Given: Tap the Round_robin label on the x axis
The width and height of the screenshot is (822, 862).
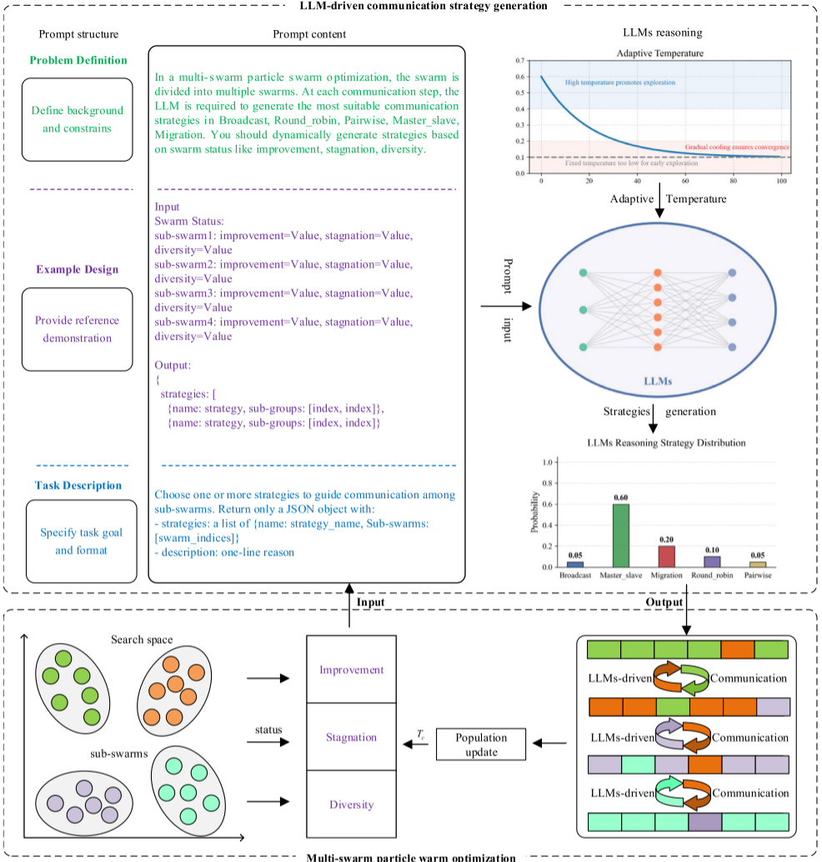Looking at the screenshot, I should click(x=711, y=575).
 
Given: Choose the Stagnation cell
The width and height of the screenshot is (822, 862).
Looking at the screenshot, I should click(x=351, y=737).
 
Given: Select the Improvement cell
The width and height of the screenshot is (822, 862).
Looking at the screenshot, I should click(x=351, y=670).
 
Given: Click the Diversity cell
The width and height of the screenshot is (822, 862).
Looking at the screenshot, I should click(x=351, y=805).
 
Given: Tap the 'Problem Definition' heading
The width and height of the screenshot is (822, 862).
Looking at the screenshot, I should click(x=78, y=60).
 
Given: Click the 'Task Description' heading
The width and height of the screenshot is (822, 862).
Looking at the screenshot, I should click(x=78, y=486).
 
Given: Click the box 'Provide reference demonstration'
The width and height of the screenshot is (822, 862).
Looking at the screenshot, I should click(x=77, y=329).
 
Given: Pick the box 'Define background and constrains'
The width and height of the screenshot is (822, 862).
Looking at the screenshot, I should click(x=77, y=119).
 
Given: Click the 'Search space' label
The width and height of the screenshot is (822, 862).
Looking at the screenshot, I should click(x=142, y=640).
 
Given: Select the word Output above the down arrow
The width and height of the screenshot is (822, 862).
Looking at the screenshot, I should click(x=664, y=601).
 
